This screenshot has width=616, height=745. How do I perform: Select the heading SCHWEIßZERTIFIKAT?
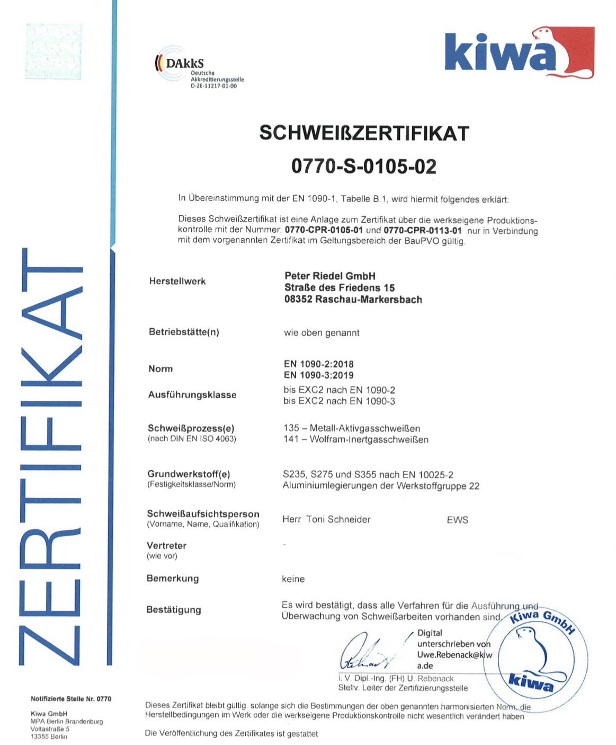coord(364,133)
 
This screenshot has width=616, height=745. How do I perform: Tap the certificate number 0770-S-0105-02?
coord(364,166)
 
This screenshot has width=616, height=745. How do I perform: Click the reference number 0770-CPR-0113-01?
coord(422,231)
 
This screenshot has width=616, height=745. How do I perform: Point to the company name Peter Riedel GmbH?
coord(330,276)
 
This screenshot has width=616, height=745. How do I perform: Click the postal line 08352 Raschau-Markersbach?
coord(353,300)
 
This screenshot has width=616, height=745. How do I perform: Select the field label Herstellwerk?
coord(177,281)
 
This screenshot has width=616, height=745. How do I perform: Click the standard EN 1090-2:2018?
coord(318,364)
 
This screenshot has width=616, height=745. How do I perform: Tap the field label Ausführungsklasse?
coord(192,395)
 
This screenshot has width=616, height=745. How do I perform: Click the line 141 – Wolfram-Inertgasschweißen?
coord(355,440)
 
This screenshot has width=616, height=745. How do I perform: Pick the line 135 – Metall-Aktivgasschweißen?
coord(352,428)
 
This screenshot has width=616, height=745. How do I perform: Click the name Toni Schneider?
coord(338,520)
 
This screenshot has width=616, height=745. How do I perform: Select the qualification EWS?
coord(457,520)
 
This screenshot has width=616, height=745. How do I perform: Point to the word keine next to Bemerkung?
coord(293,579)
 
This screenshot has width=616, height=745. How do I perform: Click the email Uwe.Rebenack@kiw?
coord(454,655)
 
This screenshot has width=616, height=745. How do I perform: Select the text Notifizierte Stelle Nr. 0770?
coord(71,699)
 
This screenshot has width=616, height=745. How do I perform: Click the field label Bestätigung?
coord(174,610)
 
